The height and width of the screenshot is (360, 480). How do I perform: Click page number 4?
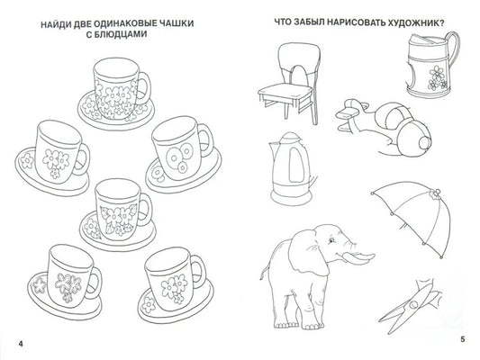tap(21, 344)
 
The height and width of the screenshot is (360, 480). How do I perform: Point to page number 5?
tap(463, 339)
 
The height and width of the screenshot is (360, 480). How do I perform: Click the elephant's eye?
tap(331, 240)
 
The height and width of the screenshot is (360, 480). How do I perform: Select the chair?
tap(289, 83)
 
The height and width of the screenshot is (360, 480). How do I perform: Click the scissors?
tap(410, 306)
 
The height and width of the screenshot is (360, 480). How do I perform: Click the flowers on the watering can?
tap(436, 78)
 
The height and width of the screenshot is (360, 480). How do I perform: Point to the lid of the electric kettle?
tap(289, 138)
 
